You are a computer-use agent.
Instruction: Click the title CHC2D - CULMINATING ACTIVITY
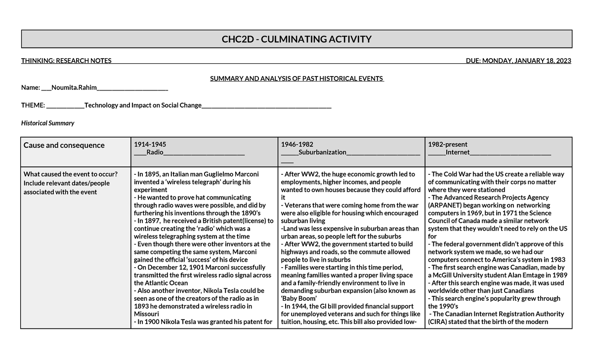tap(296, 39)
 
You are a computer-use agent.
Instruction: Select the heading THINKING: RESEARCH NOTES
tap(66, 61)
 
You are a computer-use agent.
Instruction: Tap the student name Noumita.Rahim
tap(74, 87)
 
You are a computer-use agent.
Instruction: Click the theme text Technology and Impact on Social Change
tap(143, 105)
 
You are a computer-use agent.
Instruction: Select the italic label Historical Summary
tap(47, 123)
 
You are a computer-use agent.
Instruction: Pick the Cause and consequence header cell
tap(64, 145)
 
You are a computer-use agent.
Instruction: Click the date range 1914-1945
tap(150, 144)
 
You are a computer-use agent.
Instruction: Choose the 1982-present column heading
tap(447, 144)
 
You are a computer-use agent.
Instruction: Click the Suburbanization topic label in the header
tap(322, 152)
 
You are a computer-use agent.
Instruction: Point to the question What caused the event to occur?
tap(71, 174)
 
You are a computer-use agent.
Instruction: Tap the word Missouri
tap(147, 314)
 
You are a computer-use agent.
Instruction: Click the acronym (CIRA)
tap(439, 322)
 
